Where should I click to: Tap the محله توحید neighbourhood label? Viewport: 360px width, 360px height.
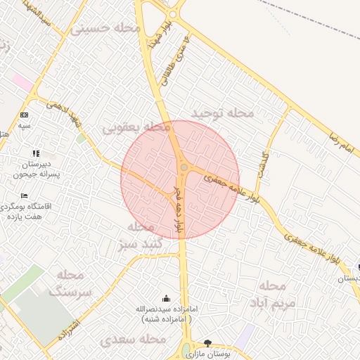point(221,112)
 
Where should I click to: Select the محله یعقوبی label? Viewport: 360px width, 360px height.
point(137,127)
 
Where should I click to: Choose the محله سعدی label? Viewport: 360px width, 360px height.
point(134,340)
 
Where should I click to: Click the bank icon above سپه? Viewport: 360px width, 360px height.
point(25,115)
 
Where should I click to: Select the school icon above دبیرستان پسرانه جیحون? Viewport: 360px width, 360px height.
point(36,153)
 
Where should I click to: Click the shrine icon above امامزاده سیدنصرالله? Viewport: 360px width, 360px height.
point(165,299)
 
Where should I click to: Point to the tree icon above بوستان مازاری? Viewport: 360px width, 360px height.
point(207,343)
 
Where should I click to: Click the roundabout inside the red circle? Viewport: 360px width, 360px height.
point(184,167)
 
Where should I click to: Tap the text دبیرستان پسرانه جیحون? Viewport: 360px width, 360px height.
point(35,168)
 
